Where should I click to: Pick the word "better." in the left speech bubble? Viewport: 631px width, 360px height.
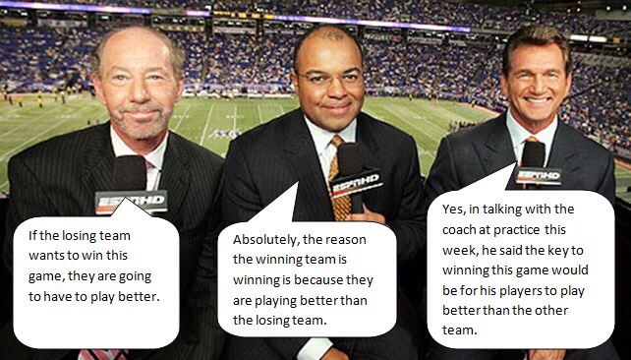[139, 297]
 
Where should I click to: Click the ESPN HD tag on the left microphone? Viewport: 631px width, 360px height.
[131, 201]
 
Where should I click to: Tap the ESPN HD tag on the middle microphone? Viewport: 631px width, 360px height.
[357, 183]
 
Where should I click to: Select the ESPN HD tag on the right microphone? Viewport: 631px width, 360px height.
[539, 175]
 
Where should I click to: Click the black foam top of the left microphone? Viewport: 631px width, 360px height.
[130, 173]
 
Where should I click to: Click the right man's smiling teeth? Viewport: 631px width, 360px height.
[538, 100]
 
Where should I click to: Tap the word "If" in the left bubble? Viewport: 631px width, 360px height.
[32, 235]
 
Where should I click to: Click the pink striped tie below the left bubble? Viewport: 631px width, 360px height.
[103, 354]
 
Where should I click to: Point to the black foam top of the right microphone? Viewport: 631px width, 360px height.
[534, 154]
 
